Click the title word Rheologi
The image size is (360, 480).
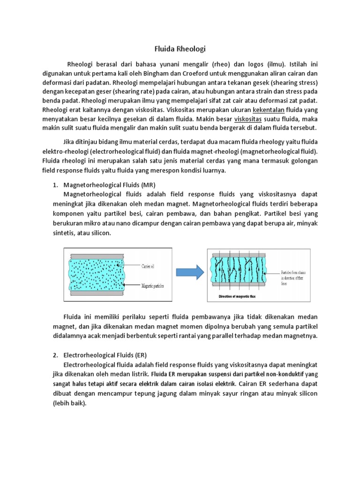191,48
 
